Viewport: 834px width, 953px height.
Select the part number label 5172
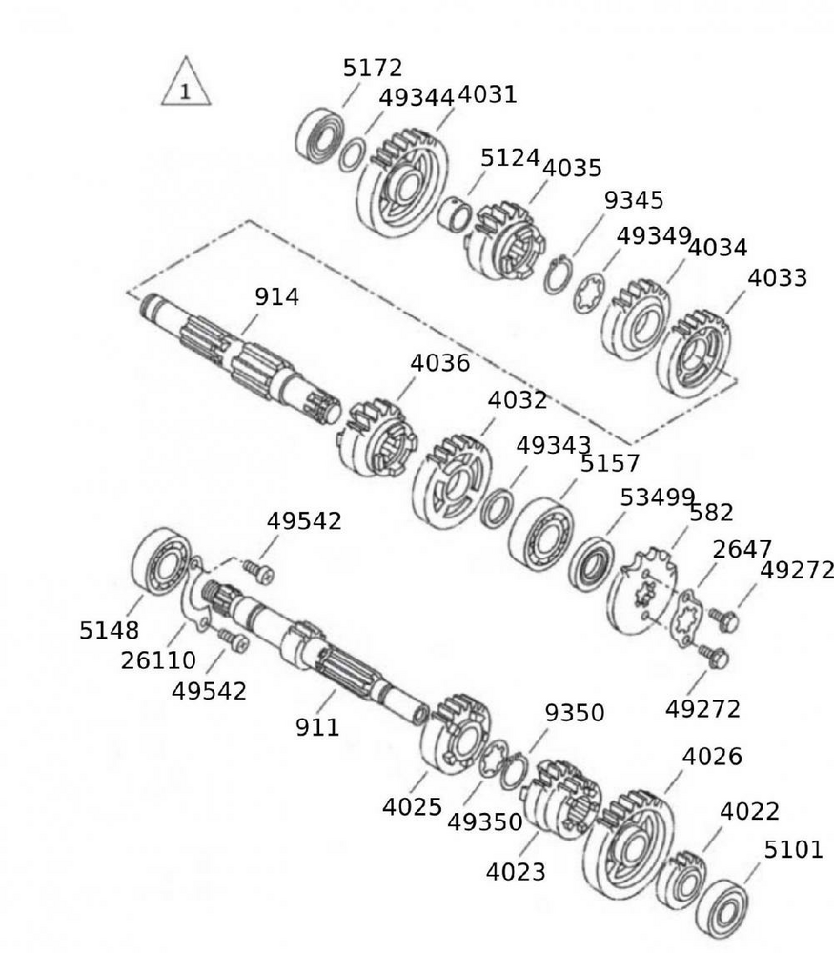[x=373, y=68]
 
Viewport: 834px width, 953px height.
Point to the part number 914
[x=276, y=296]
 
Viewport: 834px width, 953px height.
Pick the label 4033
[x=777, y=277]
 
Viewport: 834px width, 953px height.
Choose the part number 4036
[x=440, y=363]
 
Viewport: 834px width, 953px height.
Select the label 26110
[x=158, y=659]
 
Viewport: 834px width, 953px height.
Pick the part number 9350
[x=574, y=713]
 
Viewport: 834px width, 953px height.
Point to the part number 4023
[x=516, y=871]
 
